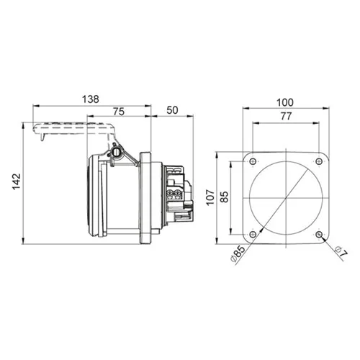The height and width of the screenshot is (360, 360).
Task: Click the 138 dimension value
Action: (91, 99)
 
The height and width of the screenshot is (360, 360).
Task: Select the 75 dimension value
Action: (119, 112)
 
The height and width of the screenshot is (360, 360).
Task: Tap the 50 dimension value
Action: (172, 110)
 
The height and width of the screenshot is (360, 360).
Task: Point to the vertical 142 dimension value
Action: (17, 181)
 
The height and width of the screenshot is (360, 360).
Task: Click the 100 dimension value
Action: (285, 102)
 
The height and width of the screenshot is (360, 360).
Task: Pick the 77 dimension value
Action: (286, 116)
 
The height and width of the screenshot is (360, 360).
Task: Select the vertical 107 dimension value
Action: (210, 197)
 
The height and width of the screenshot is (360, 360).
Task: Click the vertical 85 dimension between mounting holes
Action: (225, 197)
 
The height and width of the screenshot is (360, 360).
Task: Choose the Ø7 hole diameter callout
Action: (341, 252)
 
